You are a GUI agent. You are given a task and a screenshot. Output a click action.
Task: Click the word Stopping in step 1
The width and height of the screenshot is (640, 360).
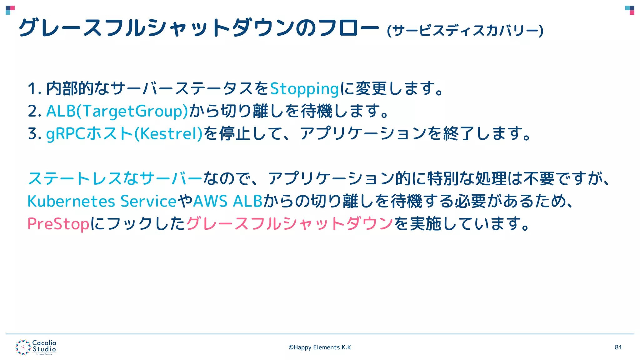[304, 89]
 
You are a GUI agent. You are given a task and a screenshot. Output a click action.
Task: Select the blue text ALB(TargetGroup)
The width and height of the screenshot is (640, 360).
[117, 111]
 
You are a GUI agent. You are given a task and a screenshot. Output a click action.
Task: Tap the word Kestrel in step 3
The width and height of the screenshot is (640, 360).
[168, 134]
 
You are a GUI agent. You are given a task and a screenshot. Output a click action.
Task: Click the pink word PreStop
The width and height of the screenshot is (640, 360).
[58, 224]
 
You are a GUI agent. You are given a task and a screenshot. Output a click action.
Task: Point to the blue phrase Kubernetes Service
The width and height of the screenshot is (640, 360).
[102, 201]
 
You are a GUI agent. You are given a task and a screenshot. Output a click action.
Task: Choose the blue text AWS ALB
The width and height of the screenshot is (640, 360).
[228, 201]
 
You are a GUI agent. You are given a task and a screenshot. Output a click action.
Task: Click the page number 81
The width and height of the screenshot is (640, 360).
[618, 347]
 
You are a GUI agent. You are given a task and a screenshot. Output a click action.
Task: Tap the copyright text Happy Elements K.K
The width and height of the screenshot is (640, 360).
[320, 347]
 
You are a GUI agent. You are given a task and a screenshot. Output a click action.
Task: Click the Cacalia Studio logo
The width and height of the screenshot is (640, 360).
[36, 347]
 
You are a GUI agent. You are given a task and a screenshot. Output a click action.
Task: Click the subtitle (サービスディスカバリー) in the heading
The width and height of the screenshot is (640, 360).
[465, 31]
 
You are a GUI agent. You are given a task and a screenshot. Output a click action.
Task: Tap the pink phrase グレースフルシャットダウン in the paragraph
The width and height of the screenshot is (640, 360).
[289, 224]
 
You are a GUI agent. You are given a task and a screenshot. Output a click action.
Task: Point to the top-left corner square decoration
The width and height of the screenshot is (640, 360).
[10, 10]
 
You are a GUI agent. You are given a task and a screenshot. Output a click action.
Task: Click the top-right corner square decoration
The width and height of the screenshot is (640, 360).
[630, 10]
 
